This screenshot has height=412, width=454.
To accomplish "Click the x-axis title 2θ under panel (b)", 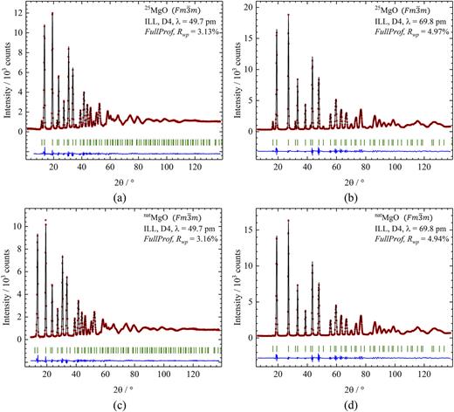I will (349, 181).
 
